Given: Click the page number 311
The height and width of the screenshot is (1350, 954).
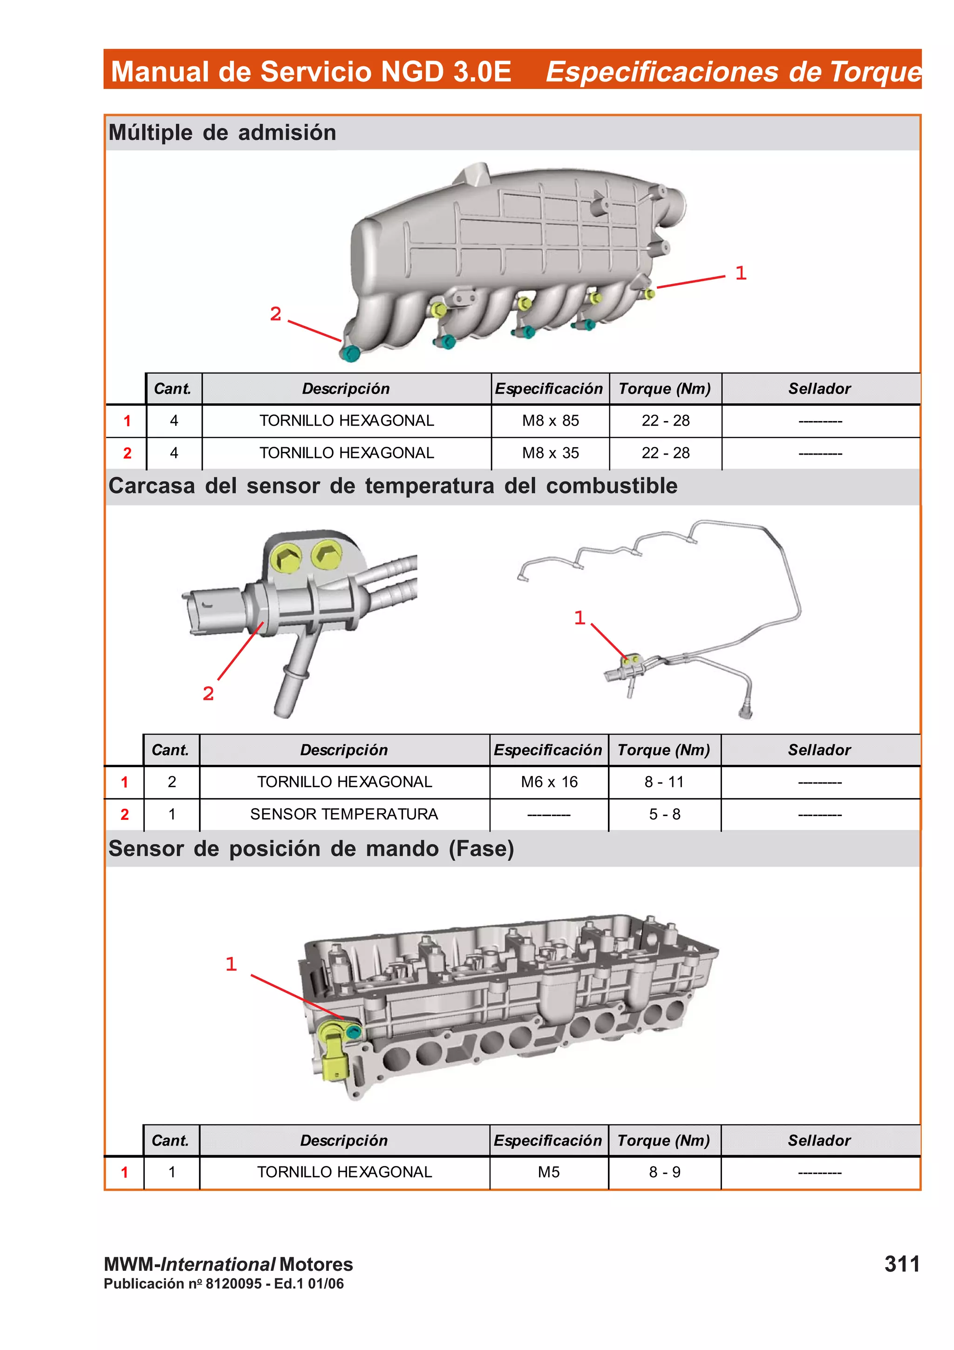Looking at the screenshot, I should pyautogui.click(x=902, y=1263).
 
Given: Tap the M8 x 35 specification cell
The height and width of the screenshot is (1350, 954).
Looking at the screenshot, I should pyautogui.click(x=550, y=453).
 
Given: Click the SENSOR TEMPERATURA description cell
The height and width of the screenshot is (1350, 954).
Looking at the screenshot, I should pyautogui.click(x=344, y=814).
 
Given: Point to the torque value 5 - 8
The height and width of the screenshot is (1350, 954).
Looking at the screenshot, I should pyautogui.click(x=664, y=814).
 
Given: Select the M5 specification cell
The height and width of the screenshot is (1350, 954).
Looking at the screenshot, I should pyautogui.click(x=548, y=1172).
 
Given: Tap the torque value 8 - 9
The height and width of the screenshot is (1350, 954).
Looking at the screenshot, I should pyautogui.click(x=664, y=1172).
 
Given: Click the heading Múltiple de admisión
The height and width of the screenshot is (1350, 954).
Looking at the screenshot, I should pyautogui.click(x=222, y=132).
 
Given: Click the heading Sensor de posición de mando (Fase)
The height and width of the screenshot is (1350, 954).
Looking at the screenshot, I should pyautogui.click(x=311, y=848).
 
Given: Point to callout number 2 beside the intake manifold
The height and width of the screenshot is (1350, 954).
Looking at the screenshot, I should pyautogui.click(x=275, y=314).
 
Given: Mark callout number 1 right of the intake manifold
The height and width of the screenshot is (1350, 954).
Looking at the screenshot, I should pyautogui.click(x=741, y=273).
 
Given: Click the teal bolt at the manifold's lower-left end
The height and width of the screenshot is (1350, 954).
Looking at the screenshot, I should pyautogui.click(x=350, y=354).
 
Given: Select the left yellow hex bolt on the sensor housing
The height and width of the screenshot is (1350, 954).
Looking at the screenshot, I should pyautogui.click(x=287, y=559).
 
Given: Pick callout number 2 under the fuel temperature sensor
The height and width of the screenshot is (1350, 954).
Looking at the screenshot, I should pyautogui.click(x=208, y=694).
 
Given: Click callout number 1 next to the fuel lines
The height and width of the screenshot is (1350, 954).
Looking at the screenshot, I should pyautogui.click(x=579, y=617).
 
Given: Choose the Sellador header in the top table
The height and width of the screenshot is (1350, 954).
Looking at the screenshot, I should pyautogui.click(x=819, y=389).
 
